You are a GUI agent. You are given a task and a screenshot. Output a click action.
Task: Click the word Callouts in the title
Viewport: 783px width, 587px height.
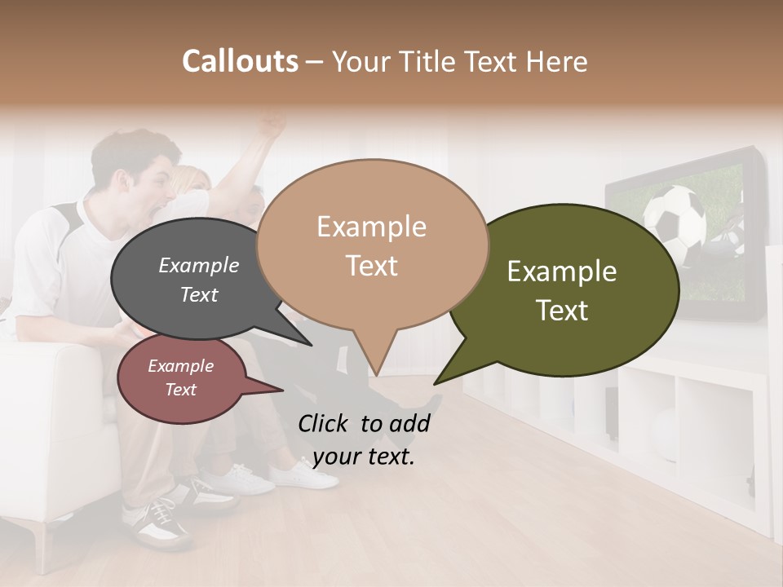(x=240, y=61)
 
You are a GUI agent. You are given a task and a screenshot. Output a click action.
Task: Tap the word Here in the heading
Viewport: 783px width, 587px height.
(x=557, y=62)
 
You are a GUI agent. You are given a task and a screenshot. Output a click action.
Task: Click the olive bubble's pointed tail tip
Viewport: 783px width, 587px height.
(x=435, y=383)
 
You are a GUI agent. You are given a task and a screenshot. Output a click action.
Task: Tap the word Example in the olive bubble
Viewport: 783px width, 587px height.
(x=562, y=271)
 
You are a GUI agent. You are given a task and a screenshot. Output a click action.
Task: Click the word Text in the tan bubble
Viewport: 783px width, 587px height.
(x=371, y=266)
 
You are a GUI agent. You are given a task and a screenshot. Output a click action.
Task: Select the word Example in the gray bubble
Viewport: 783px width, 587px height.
(x=198, y=265)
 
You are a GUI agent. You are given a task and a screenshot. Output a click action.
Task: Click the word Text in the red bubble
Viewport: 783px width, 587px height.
(x=181, y=390)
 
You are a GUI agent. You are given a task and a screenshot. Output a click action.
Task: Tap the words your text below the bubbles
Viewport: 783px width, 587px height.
(x=363, y=457)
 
